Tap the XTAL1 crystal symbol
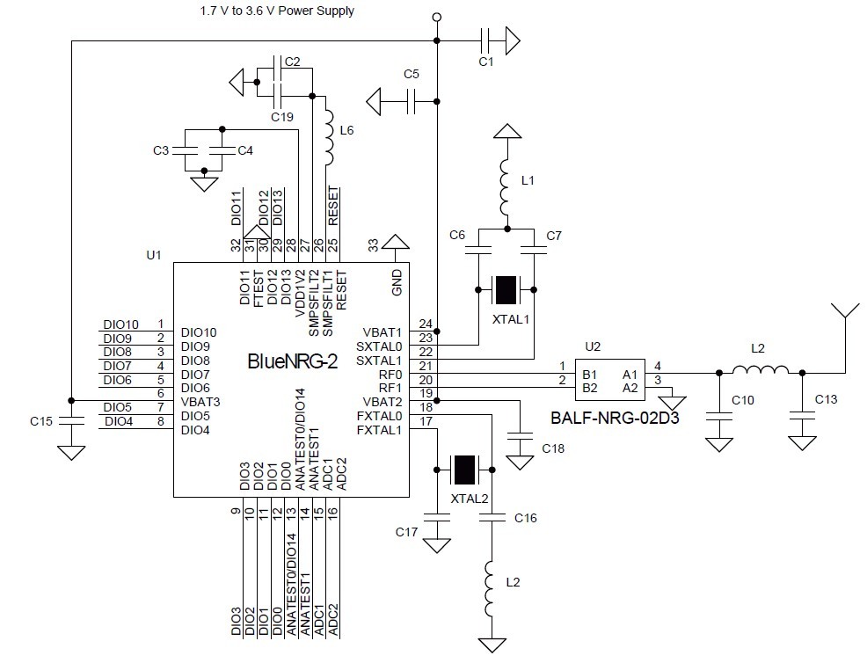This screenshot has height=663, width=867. point(506,289)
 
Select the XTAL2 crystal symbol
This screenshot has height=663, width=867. point(463,470)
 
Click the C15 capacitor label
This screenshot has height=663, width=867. point(40,421)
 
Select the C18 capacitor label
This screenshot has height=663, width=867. point(553,448)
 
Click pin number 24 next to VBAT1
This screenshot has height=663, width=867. point(426,324)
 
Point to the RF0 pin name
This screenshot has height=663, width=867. point(390,375)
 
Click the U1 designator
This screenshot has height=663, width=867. point(154,255)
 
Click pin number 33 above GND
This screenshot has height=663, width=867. point(372,243)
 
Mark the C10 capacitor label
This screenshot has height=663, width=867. point(744,401)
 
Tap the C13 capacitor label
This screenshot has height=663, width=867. point(826,399)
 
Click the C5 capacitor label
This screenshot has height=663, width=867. point(411,74)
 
